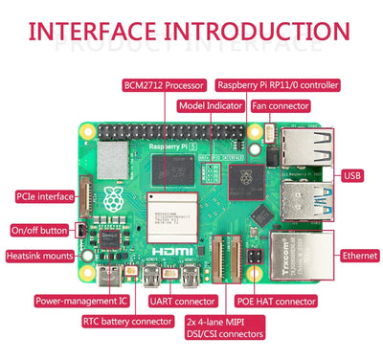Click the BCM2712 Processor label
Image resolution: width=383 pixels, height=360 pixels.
[x=165, y=85]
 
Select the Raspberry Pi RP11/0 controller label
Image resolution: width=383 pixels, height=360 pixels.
[x=278, y=85]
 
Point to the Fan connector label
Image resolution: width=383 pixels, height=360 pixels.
[x=280, y=105]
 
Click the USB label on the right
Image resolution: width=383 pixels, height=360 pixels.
[x=353, y=175]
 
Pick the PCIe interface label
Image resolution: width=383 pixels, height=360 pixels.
[x=42, y=196]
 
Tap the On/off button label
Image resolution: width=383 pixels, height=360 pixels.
[x=39, y=231]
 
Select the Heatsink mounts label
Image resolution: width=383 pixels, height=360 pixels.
[x=39, y=256]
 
